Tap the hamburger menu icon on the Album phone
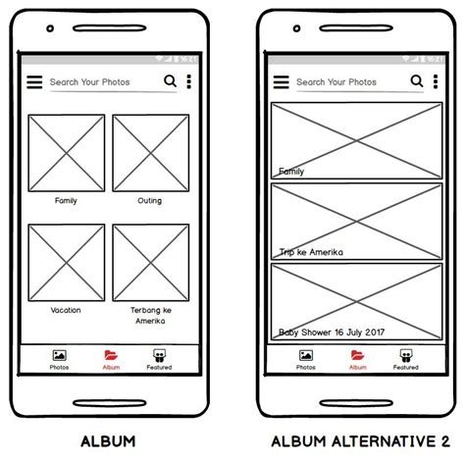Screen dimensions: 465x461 (x=34, y=81)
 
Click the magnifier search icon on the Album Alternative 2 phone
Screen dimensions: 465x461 (x=417, y=80)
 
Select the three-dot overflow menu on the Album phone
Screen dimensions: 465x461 (x=188, y=81)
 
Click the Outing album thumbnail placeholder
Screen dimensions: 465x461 (x=151, y=153)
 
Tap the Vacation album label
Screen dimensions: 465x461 (x=66, y=310)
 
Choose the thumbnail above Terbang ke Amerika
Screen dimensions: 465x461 (x=151, y=263)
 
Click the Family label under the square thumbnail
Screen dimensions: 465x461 (x=66, y=200)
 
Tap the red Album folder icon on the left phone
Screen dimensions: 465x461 (x=111, y=355)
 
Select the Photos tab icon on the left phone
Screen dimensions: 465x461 (x=60, y=355)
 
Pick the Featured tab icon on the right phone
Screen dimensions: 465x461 (x=406, y=355)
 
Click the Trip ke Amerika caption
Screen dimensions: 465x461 (x=311, y=252)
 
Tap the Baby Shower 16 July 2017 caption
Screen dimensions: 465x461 (x=332, y=333)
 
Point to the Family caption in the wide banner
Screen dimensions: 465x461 (x=291, y=172)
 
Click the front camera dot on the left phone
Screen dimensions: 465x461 (x=50, y=28)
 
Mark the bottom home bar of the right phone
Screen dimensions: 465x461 (x=356, y=403)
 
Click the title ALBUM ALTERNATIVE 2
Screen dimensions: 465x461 (x=361, y=441)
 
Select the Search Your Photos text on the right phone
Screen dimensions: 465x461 (x=336, y=82)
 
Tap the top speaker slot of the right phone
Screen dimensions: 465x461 (x=356, y=28)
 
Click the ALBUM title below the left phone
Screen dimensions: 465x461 (x=108, y=441)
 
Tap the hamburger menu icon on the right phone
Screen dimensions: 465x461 (x=282, y=81)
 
